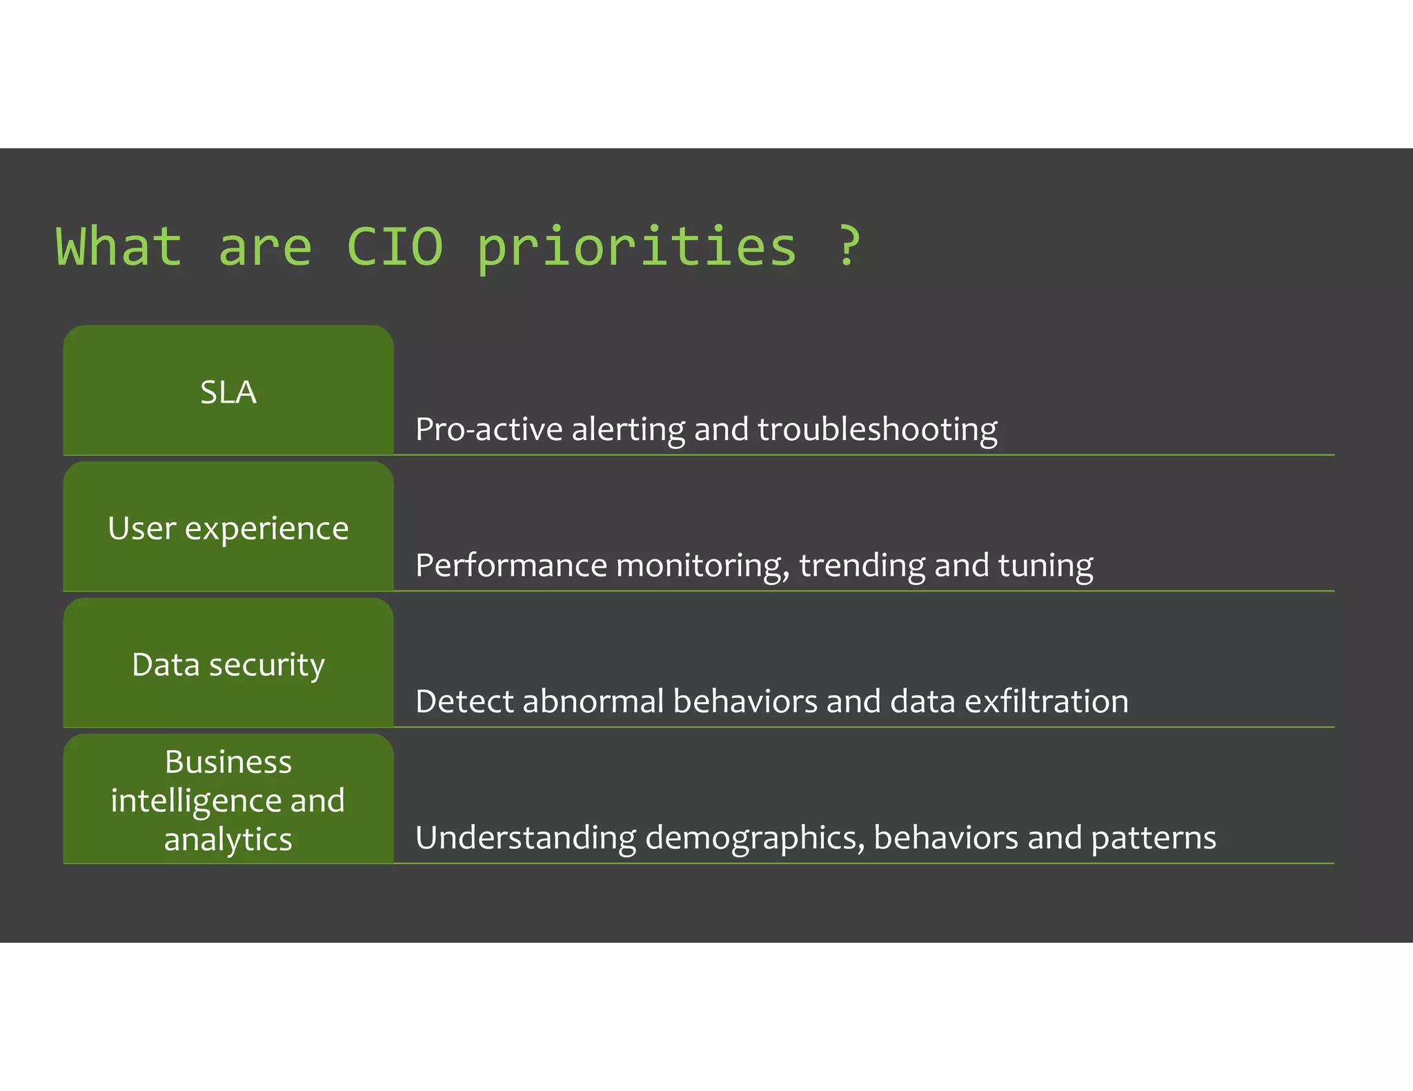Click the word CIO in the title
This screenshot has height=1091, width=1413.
click(395, 246)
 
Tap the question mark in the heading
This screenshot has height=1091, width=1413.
click(849, 246)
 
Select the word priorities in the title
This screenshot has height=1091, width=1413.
click(636, 248)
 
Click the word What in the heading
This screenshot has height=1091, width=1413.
click(119, 246)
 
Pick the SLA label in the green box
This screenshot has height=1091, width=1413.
click(228, 392)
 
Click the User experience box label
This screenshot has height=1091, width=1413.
click(228, 529)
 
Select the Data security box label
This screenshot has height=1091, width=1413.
click(228, 665)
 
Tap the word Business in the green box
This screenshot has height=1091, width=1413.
click(228, 762)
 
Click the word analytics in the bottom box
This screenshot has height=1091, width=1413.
click(228, 839)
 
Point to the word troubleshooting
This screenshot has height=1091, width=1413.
click(877, 430)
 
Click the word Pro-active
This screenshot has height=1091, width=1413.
click(489, 429)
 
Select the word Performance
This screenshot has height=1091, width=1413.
click(511, 565)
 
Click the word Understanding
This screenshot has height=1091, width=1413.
click(526, 839)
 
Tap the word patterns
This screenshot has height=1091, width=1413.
click(1154, 839)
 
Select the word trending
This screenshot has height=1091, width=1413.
click(862, 566)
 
